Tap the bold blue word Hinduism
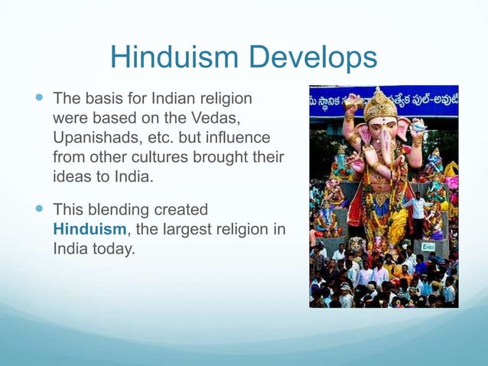pyautogui.click(x=89, y=228)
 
